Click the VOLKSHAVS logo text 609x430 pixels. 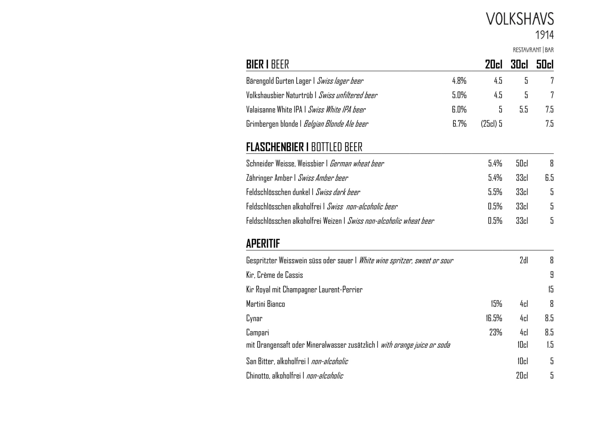point(520,19)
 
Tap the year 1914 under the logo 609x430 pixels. point(544,35)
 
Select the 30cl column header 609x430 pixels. point(519,65)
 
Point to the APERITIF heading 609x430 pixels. point(263,244)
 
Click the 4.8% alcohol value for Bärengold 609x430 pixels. point(459,81)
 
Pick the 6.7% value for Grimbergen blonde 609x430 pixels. point(459,124)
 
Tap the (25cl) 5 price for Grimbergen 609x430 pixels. point(491,124)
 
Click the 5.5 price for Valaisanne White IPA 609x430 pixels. point(523,109)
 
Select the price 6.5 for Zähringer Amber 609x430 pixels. point(549,178)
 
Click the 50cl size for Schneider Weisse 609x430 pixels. point(522,163)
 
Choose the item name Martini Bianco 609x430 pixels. point(265,304)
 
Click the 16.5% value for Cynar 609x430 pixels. point(494,318)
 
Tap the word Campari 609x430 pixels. point(257,333)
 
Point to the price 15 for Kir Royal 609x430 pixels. point(551,289)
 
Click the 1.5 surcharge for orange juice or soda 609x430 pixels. point(550,345)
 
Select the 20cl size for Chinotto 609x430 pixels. point(522,376)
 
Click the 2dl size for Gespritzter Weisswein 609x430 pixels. point(523,261)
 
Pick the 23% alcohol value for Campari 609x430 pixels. point(496,333)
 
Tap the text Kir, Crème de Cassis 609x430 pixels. point(274,275)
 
